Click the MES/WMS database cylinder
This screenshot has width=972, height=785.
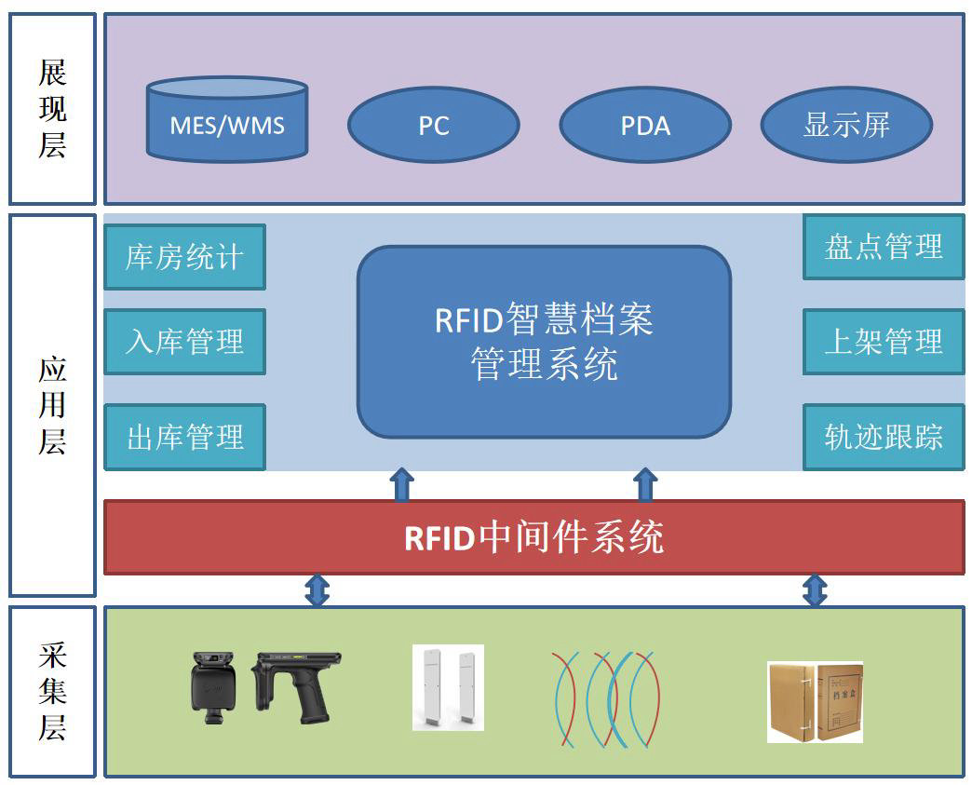pyautogui.click(x=227, y=119)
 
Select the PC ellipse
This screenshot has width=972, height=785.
pyautogui.click(x=433, y=125)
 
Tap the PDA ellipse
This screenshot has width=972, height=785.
pyautogui.click(x=645, y=125)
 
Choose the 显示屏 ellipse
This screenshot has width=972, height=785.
pyautogui.click(x=847, y=125)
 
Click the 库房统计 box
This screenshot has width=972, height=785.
pyautogui.click(x=184, y=257)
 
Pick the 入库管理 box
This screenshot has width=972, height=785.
pyautogui.click(x=184, y=342)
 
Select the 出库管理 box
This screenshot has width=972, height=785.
pyautogui.click(x=184, y=437)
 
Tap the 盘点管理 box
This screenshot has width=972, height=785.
pyautogui.click(x=884, y=247)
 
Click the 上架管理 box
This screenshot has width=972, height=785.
pyautogui.click(x=884, y=342)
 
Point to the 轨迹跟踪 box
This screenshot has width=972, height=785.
pyautogui.click(x=884, y=437)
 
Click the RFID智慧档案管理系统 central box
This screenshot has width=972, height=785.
pyautogui.click(x=545, y=342)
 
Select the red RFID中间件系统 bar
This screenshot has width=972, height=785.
pyautogui.click(x=534, y=537)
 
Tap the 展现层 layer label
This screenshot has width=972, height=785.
pyautogui.click(x=53, y=109)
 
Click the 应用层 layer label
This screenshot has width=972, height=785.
pyautogui.click(x=53, y=405)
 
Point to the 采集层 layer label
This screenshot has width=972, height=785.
pyautogui.click(x=53, y=691)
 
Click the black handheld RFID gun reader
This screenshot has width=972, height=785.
pyautogui.click(x=296, y=686)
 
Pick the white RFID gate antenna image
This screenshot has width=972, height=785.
pyautogui.click(x=448, y=687)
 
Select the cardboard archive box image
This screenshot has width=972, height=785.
pyautogui.click(x=816, y=702)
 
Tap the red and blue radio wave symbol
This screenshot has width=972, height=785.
pyautogui.click(x=607, y=698)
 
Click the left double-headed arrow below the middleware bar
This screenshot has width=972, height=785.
pyautogui.click(x=317, y=590)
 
